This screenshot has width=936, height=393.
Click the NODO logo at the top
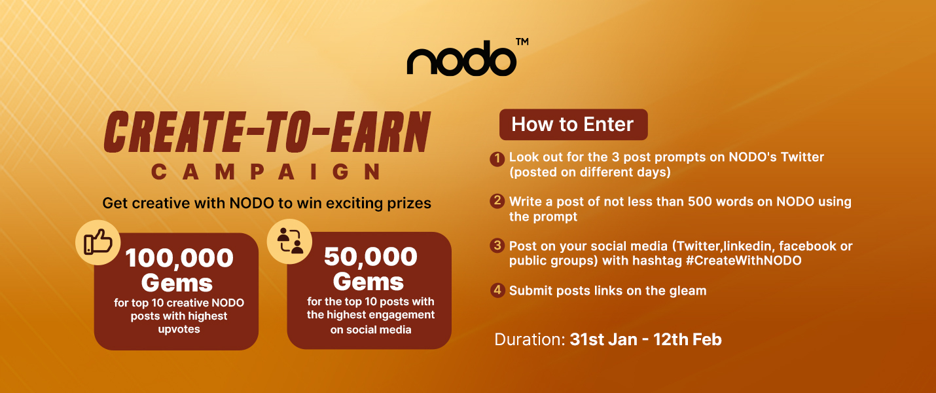click(461, 58)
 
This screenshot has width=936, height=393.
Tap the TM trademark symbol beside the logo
click(522, 42)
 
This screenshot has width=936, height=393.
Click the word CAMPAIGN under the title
click(266, 172)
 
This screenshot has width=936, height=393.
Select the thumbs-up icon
click(98, 242)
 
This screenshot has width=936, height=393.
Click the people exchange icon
click(289, 241)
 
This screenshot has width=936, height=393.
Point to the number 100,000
click(179, 258)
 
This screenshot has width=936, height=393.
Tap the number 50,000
click(370, 257)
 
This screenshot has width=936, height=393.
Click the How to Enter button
click(573, 124)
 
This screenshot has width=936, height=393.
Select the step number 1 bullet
click(497, 159)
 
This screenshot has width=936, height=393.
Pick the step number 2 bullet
click(497, 200)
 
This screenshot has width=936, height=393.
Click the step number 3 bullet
click(497, 245)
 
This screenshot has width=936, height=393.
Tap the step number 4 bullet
click(497, 290)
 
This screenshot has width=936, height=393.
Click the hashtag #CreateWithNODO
click(744, 261)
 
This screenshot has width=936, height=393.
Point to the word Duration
click(530, 339)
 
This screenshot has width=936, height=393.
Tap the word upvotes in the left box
click(179, 329)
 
